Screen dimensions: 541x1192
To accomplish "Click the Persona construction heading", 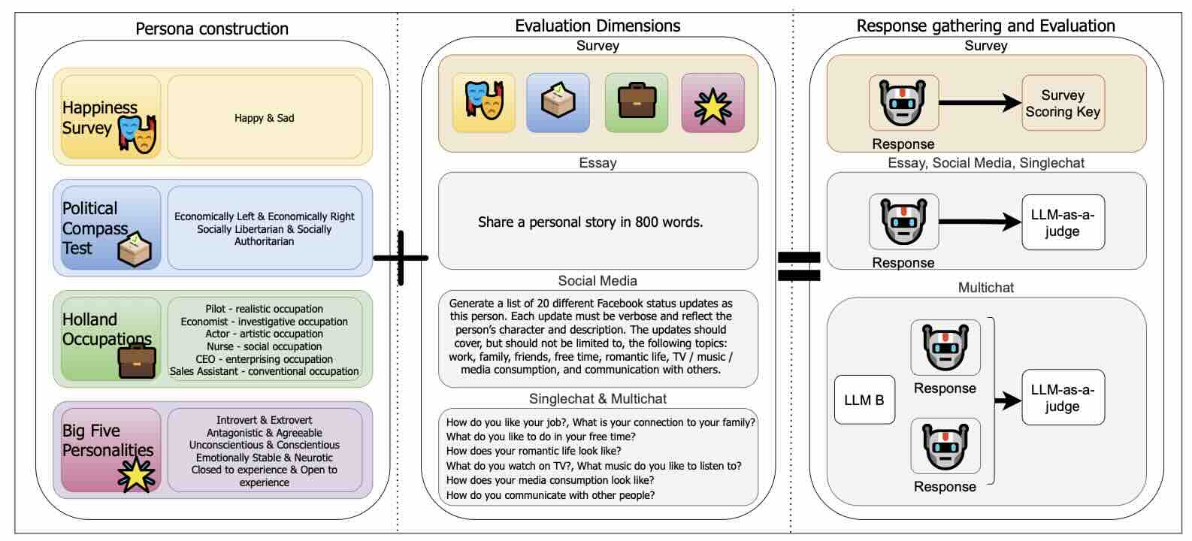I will pyautogui.click(x=212, y=29).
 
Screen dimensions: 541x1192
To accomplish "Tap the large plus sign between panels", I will pyautogui.click(x=401, y=258).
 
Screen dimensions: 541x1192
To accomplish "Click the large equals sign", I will pyautogui.click(x=798, y=266).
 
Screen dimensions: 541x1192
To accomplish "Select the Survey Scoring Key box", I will pyautogui.click(x=1063, y=103).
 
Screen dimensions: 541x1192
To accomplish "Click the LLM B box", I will pyautogui.click(x=864, y=400).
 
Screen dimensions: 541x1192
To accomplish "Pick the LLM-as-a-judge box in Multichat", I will pyautogui.click(x=1063, y=398).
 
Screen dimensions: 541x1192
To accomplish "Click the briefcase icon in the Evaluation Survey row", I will pyautogui.click(x=637, y=103).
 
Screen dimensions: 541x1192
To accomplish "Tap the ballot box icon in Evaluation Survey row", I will pyautogui.click(x=558, y=103).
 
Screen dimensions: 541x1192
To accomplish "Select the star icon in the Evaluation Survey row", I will pyautogui.click(x=712, y=104).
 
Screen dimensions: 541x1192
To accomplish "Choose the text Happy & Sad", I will pyautogui.click(x=265, y=118).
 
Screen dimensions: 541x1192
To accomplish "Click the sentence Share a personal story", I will pyautogui.click(x=591, y=222).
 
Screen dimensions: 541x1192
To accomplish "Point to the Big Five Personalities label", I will pyautogui.click(x=107, y=440).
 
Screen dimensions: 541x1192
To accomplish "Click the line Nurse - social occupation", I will pyautogui.click(x=264, y=346).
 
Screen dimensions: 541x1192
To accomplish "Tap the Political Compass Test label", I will pyautogui.click(x=95, y=228).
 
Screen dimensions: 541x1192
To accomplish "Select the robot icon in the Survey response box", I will pyautogui.click(x=903, y=102).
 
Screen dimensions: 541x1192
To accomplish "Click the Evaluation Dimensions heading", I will pyautogui.click(x=598, y=26).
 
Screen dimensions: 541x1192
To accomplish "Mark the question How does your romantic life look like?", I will pyautogui.click(x=534, y=451).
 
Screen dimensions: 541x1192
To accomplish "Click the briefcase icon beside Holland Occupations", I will pyautogui.click(x=137, y=361).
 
